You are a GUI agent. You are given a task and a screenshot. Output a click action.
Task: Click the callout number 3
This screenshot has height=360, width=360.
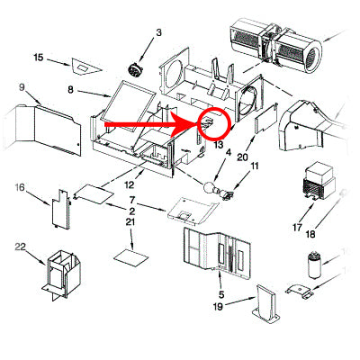click(158, 33)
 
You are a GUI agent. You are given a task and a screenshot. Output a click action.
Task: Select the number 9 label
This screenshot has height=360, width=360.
click(21, 88)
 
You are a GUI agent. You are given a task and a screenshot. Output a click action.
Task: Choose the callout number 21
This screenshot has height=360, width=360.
click(131, 221)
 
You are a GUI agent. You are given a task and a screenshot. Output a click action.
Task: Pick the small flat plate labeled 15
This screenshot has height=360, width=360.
click(85, 65)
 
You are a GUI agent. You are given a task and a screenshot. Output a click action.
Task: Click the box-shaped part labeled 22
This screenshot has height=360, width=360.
click(60, 273)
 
